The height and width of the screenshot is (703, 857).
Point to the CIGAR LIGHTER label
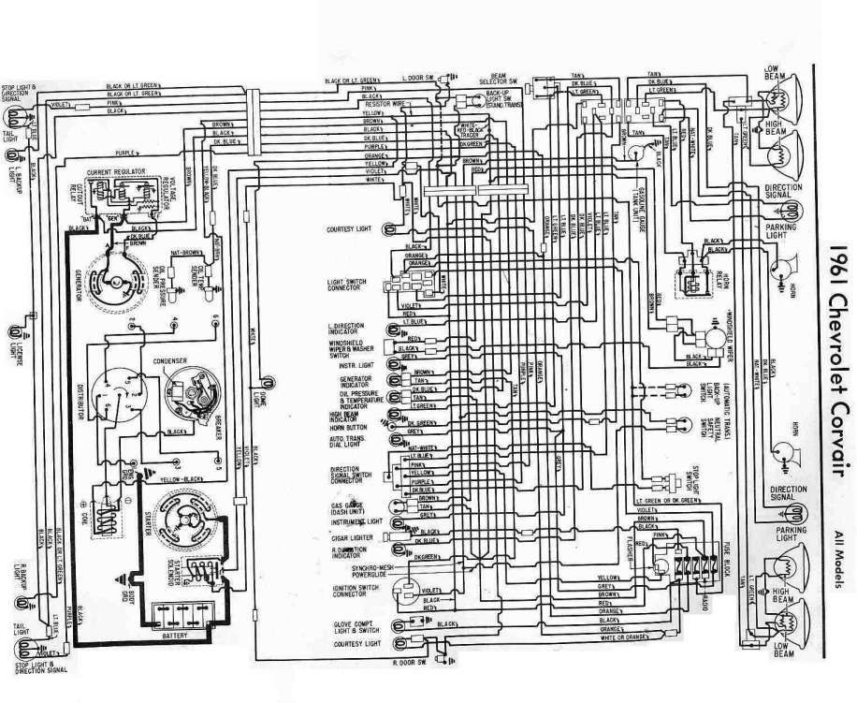tap(349, 539)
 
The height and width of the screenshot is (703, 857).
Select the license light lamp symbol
tap(16, 332)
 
